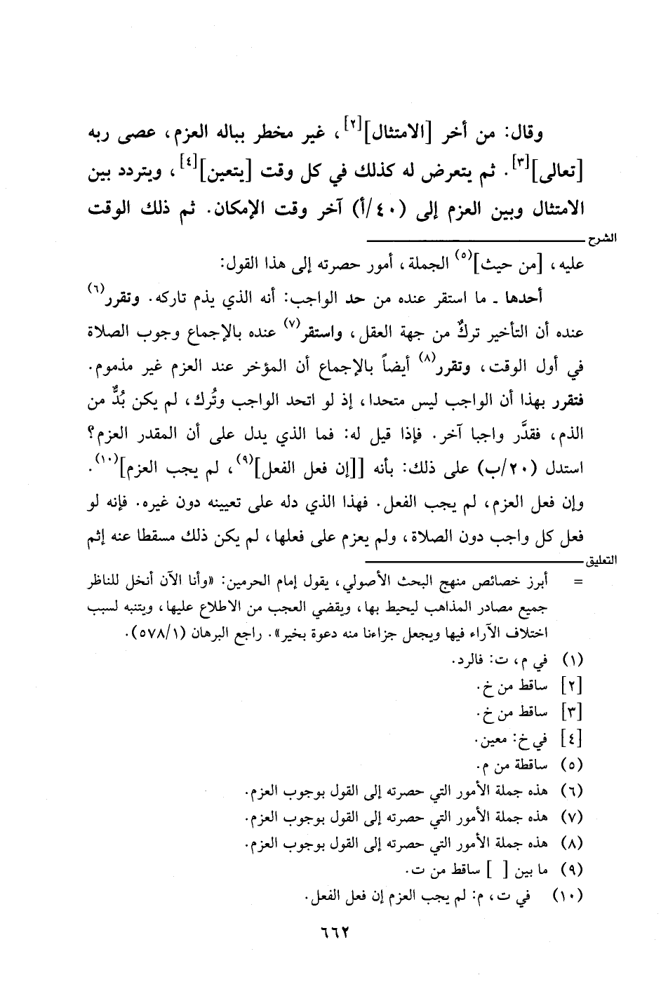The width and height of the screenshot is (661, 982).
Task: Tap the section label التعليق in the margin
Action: (601, 563)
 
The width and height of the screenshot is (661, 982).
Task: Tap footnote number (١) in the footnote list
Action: (575, 661)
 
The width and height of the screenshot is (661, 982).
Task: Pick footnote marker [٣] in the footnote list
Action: (575, 713)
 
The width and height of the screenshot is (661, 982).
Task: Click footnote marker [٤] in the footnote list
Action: (575, 739)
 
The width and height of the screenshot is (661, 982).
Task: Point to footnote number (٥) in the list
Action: (575, 765)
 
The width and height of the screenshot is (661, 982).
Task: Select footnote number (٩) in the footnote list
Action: (575, 870)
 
